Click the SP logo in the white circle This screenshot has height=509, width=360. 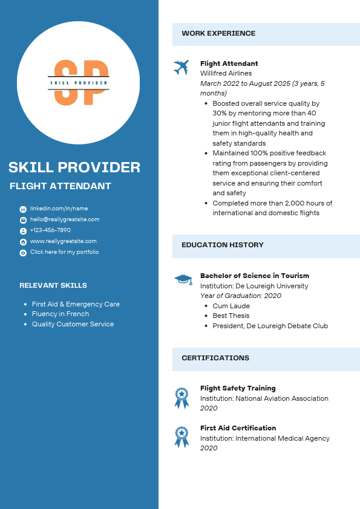[x=79, y=83]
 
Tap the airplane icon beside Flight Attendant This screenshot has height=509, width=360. [x=181, y=67]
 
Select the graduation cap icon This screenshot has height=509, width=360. [x=183, y=279]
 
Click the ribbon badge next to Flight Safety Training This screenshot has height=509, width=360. [x=182, y=398]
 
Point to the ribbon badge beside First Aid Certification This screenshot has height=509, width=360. [x=182, y=437]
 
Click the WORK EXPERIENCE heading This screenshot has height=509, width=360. [x=218, y=34]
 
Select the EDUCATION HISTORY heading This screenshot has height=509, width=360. [x=222, y=245]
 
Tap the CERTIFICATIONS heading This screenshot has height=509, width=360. [x=215, y=358]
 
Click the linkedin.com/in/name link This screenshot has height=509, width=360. [x=59, y=209]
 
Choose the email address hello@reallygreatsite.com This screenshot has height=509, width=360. [x=65, y=219]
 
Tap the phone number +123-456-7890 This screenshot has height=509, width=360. [x=50, y=230]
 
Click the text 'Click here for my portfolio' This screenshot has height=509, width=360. [x=64, y=252]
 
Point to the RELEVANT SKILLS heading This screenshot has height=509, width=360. [x=53, y=285]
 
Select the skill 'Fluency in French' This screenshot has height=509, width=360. [x=61, y=314]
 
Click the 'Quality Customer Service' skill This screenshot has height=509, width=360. [x=73, y=324]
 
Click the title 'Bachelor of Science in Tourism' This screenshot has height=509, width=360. [x=254, y=276]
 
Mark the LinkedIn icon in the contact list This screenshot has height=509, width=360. [x=23, y=209]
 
